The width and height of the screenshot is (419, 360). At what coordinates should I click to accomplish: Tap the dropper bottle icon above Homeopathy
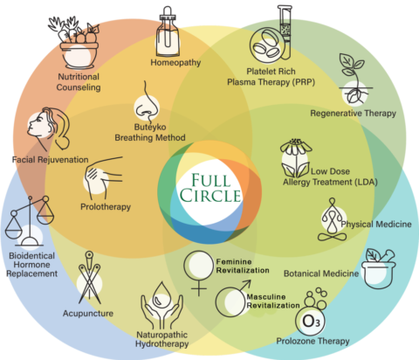[169, 31]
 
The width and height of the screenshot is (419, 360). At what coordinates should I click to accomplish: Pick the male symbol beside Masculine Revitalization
[232, 301]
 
